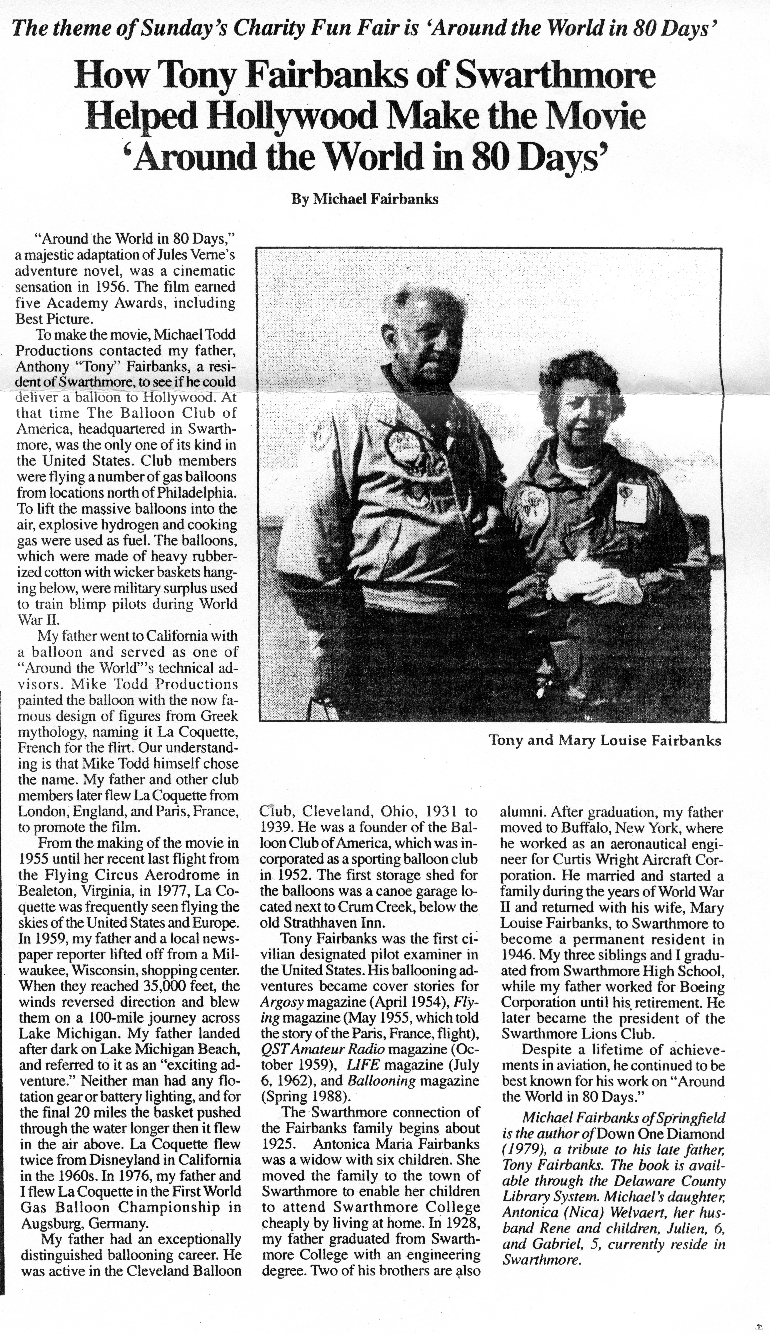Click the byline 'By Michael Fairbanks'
tap(365, 199)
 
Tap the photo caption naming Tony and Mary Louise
tap(605, 740)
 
